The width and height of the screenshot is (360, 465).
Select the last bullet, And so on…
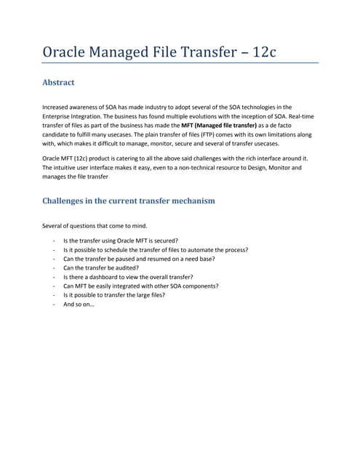[x=79, y=304]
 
